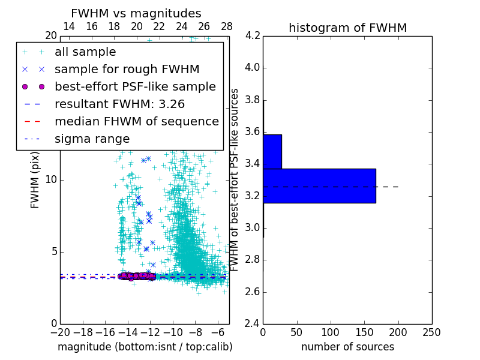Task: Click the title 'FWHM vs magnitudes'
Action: (x=136, y=13)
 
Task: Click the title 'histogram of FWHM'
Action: (x=347, y=28)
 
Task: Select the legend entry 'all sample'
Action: (x=85, y=52)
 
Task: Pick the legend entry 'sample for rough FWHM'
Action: (x=127, y=70)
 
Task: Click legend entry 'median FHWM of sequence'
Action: (x=136, y=121)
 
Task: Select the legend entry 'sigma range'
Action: (x=92, y=139)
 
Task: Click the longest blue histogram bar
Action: (x=319, y=186)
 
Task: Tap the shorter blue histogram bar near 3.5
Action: (x=272, y=152)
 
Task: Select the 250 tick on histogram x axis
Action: (x=431, y=332)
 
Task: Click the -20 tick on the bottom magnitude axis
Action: (x=60, y=332)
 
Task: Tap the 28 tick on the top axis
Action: (x=227, y=26)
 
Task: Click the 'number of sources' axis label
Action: (x=347, y=347)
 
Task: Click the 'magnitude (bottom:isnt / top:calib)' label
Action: (x=145, y=347)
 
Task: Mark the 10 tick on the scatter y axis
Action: (x=52, y=180)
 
